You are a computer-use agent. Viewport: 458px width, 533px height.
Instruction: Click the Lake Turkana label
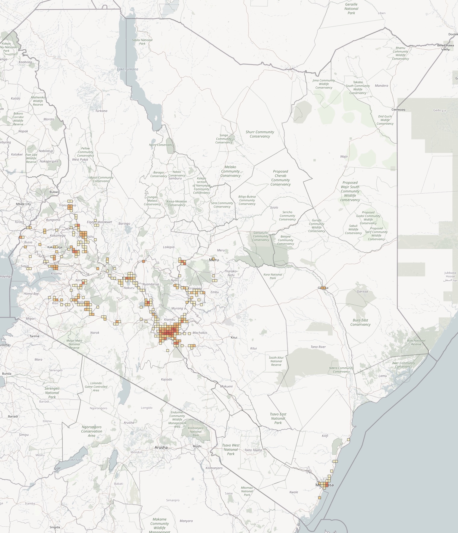127,69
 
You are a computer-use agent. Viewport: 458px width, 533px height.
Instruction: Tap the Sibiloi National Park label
142,42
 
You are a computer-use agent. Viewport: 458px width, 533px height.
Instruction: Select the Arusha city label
161,447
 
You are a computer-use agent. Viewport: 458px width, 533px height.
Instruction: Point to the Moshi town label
197,446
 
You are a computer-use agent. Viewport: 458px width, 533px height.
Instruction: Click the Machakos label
200,333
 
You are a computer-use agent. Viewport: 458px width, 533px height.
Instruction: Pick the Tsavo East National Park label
278,418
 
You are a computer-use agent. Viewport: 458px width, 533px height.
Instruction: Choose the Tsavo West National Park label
231,450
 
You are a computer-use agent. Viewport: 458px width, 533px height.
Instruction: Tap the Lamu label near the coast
383,376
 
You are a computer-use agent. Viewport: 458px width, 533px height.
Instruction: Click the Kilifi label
325,436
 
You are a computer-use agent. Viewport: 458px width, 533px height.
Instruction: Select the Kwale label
293,492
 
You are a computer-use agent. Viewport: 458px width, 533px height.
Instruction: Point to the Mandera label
381,86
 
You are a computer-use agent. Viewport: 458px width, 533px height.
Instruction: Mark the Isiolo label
274,207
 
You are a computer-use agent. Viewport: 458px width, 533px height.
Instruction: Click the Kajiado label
167,379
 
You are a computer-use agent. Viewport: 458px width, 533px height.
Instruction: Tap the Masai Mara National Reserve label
74,344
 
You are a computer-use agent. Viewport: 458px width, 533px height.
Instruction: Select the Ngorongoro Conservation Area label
92,431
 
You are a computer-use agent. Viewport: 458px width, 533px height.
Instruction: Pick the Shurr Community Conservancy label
260,134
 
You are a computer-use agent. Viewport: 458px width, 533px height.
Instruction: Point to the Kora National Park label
273,276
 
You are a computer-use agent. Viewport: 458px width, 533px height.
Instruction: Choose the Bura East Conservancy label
360,322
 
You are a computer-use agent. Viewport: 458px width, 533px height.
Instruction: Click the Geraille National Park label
351,9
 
